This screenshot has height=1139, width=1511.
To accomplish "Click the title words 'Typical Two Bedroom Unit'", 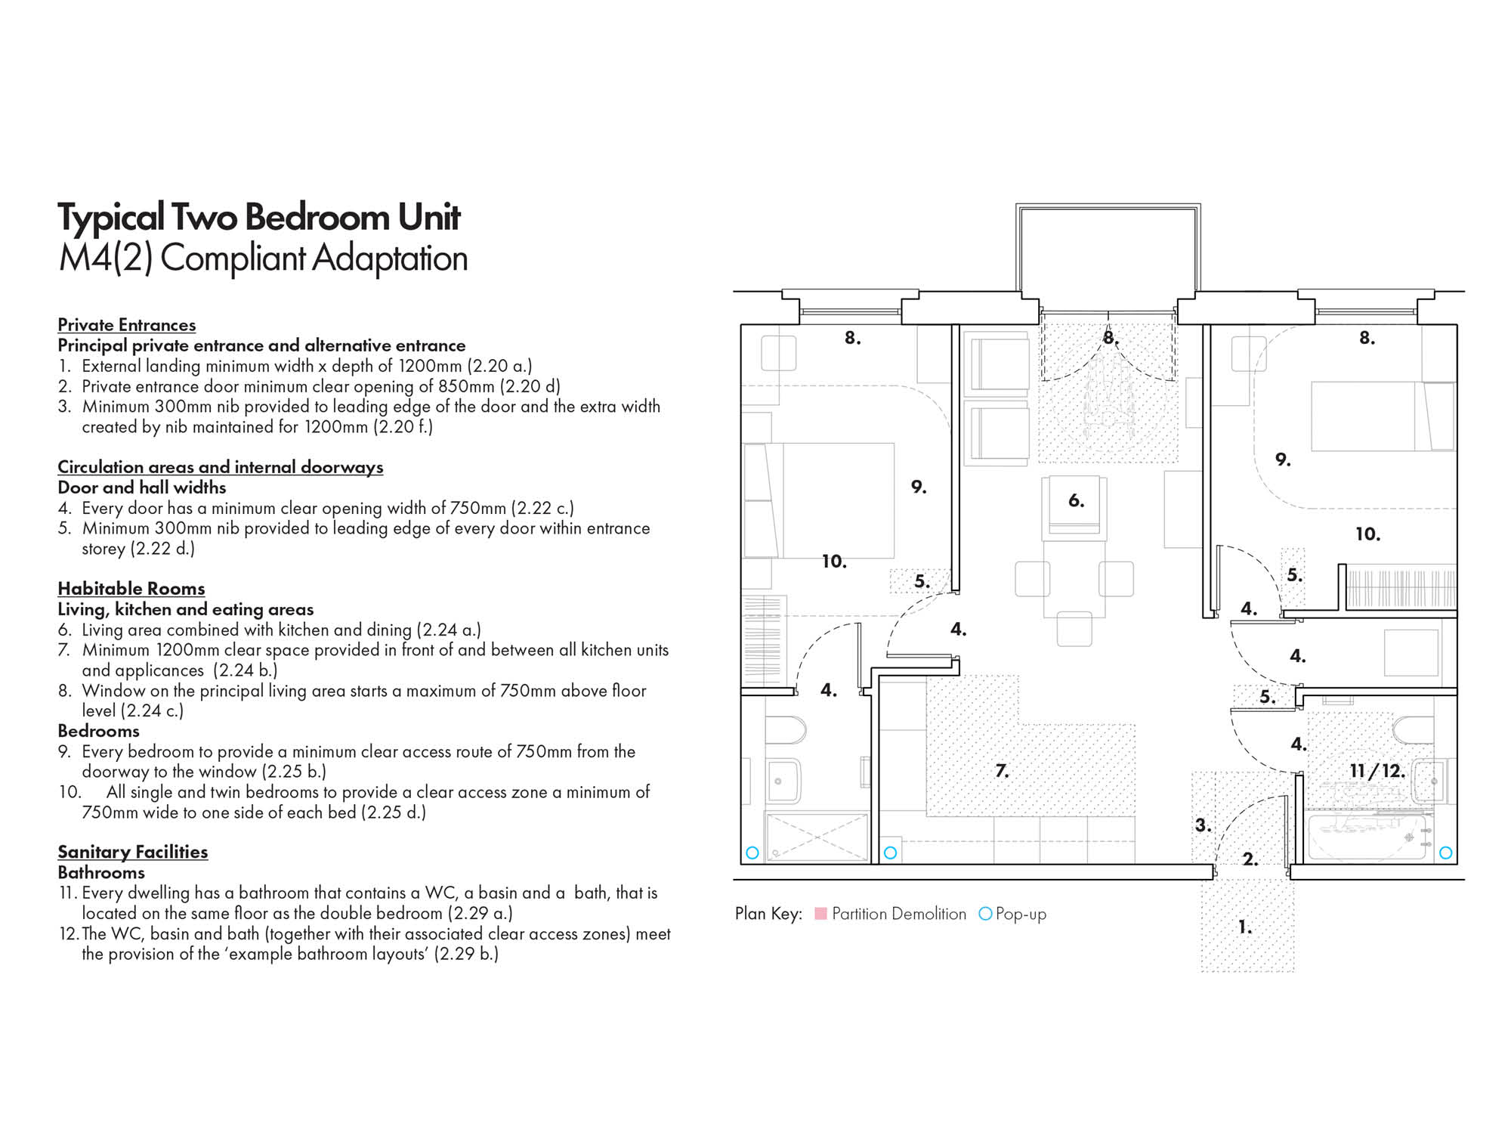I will [x=258, y=217].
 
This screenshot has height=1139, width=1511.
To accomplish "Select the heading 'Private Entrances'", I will [x=126, y=325].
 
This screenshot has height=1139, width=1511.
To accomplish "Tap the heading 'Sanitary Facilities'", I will [x=132, y=852].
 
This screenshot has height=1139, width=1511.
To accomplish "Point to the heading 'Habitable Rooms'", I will [x=131, y=589].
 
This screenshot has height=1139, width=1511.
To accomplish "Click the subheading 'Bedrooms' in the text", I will [x=98, y=731].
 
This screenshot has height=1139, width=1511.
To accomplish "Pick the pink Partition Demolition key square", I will [x=820, y=914].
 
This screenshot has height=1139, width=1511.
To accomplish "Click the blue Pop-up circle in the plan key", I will [x=985, y=914].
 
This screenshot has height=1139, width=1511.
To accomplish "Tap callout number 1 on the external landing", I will [x=1244, y=927].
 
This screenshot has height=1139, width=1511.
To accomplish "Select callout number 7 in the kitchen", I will [x=1002, y=771].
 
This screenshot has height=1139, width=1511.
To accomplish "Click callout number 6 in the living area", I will [x=1076, y=500].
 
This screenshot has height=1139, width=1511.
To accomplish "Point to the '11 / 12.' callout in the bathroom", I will [x=1377, y=771].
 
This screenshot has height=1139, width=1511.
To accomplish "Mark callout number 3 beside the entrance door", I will [x=1202, y=825].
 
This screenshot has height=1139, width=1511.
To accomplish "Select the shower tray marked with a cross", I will [x=817, y=837].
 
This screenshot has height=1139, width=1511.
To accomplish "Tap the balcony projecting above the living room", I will [x=1108, y=253].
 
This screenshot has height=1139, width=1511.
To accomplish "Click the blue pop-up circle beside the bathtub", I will [x=1446, y=853].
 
